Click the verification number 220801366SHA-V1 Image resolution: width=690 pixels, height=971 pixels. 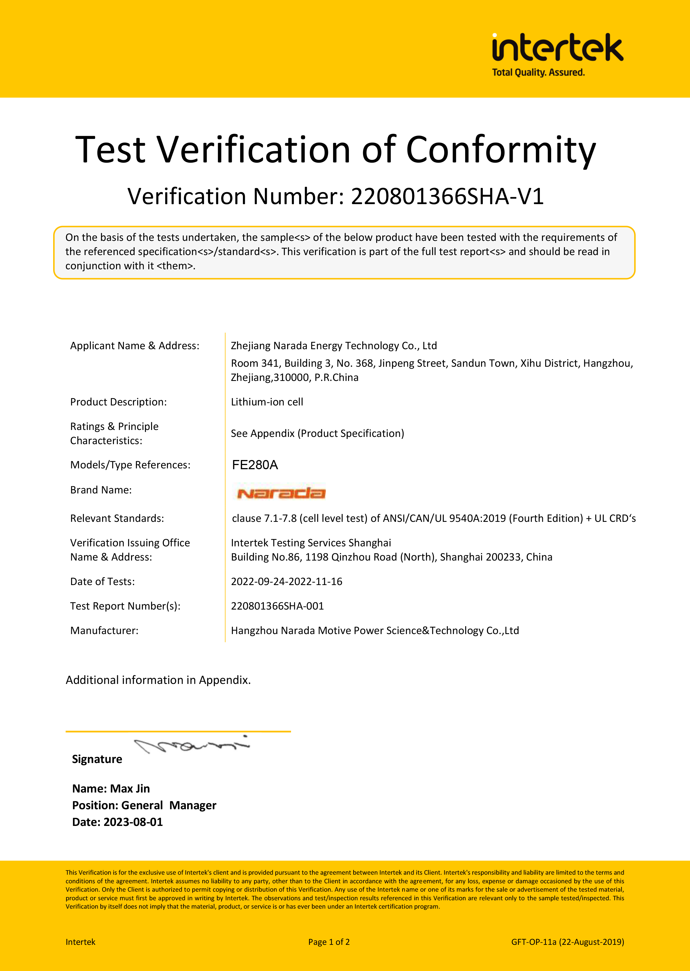tap(447, 196)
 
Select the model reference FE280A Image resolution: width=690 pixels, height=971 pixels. tap(255, 465)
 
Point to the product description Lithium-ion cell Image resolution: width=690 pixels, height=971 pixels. tap(267, 402)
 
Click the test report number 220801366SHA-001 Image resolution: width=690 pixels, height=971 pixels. tap(277, 606)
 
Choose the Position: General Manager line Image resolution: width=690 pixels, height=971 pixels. tap(144, 806)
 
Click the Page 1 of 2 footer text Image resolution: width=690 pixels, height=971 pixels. tap(329, 942)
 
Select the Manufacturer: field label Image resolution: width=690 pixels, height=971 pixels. tap(104, 630)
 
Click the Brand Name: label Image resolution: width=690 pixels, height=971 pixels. tap(101, 490)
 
